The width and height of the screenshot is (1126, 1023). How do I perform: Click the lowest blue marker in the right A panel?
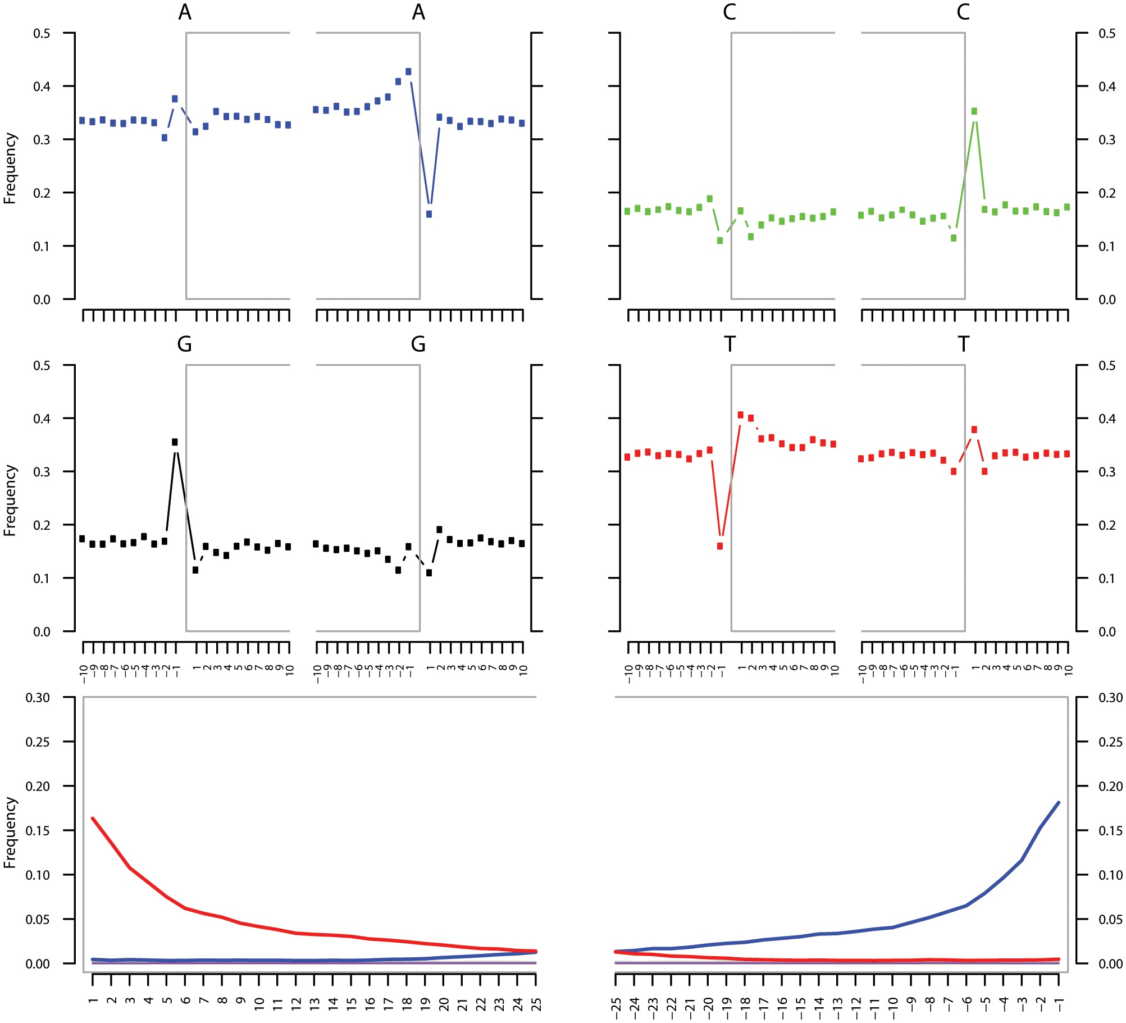tap(429, 214)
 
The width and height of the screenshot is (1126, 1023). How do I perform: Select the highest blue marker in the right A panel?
tap(408, 72)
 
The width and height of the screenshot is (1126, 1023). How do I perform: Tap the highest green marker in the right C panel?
tap(974, 111)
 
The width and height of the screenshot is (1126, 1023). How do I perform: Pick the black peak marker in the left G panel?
tap(175, 442)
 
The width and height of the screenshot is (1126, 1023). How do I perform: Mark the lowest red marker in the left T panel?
tap(720, 546)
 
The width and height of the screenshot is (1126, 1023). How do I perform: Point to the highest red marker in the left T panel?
tap(741, 415)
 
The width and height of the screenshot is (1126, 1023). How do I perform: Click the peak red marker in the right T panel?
tap(974, 430)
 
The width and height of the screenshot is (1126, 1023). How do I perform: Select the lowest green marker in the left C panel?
tap(720, 240)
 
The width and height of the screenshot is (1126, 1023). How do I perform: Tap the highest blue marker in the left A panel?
tap(175, 99)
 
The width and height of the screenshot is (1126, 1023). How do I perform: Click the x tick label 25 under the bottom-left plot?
tap(537, 1003)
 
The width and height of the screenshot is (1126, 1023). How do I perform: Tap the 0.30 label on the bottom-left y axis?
tap(38, 698)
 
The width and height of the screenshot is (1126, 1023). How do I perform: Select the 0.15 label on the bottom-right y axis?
tap(1110, 831)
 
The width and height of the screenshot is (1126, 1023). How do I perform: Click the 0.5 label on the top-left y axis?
tap(42, 34)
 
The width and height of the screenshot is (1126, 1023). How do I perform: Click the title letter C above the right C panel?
tap(964, 12)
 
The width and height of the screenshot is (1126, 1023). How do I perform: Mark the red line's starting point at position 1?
tap(93, 819)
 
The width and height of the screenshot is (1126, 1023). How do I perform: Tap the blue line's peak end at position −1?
tap(1059, 802)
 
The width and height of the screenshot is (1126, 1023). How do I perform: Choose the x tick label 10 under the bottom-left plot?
tap(259, 1004)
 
